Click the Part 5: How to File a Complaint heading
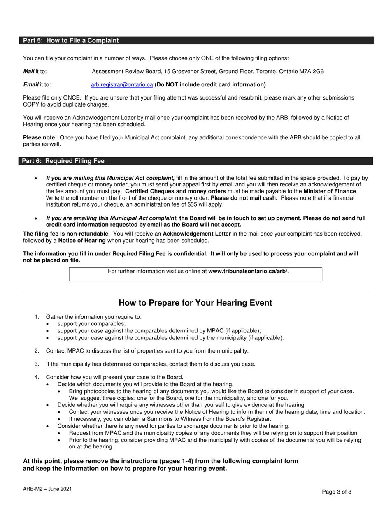tap(71, 40)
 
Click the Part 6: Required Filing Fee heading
tap(63, 161)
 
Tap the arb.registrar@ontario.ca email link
tap(122, 85)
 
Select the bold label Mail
tap(28, 72)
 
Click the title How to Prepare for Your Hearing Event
tap(195, 303)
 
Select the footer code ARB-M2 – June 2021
tap(47, 489)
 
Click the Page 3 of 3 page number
tap(337, 492)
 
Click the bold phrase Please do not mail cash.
tap(244, 198)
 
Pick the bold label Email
tap(30, 85)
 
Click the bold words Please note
tap(39, 138)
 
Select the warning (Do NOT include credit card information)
tap(210, 85)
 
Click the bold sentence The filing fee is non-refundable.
tap(66, 234)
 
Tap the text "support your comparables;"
tap(91, 324)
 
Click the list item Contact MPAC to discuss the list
tap(147, 351)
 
